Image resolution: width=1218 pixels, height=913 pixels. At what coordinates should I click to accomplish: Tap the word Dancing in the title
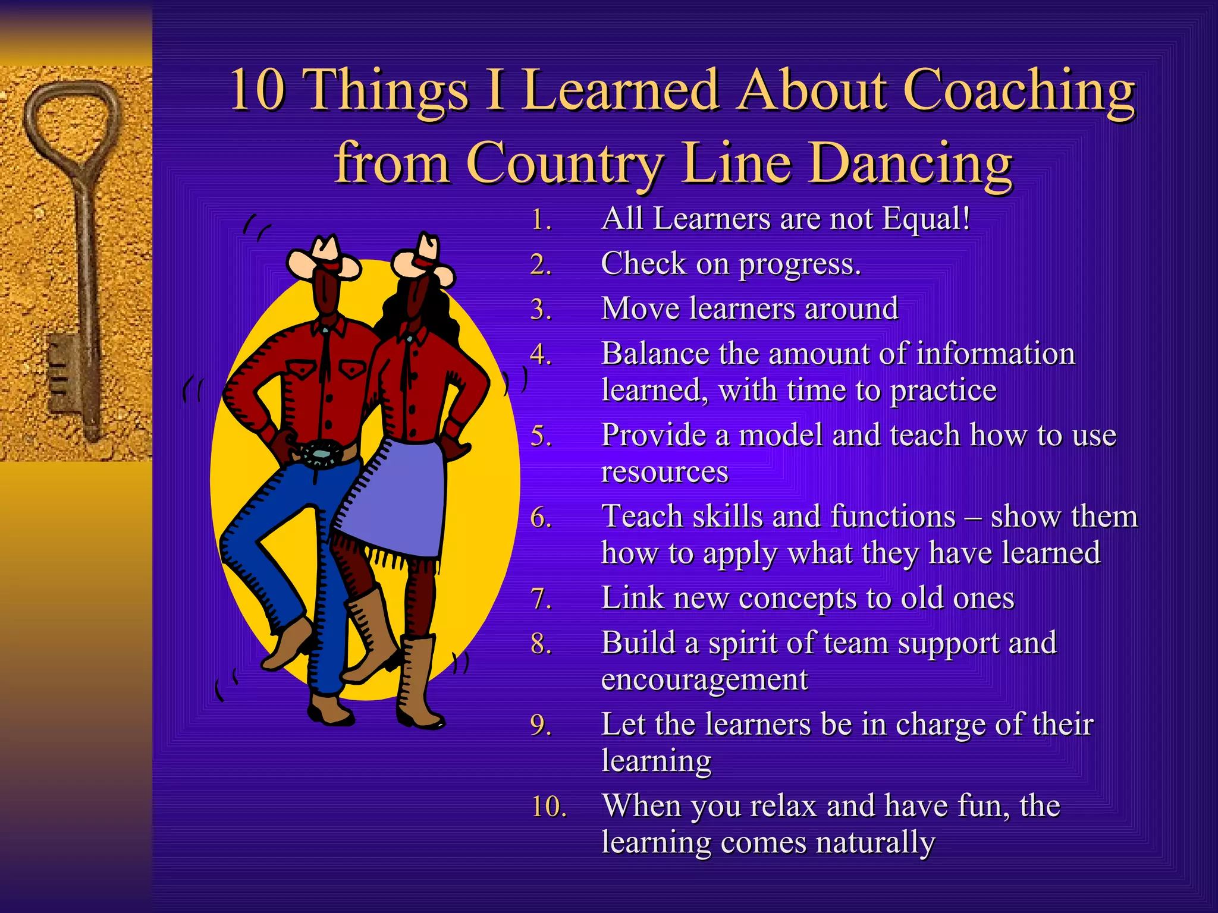click(x=911, y=163)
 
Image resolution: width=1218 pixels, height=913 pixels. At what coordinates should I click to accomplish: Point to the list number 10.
click(x=548, y=807)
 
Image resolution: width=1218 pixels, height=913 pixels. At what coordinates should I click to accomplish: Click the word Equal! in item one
click(x=926, y=219)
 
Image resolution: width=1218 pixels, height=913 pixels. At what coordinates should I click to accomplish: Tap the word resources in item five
click(x=664, y=472)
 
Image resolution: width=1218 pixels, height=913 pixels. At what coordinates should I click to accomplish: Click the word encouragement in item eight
click(x=704, y=679)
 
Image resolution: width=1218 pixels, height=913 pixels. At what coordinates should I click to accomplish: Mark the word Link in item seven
click(x=632, y=598)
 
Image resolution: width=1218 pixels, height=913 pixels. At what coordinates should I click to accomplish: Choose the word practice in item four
click(x=943, y=391)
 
